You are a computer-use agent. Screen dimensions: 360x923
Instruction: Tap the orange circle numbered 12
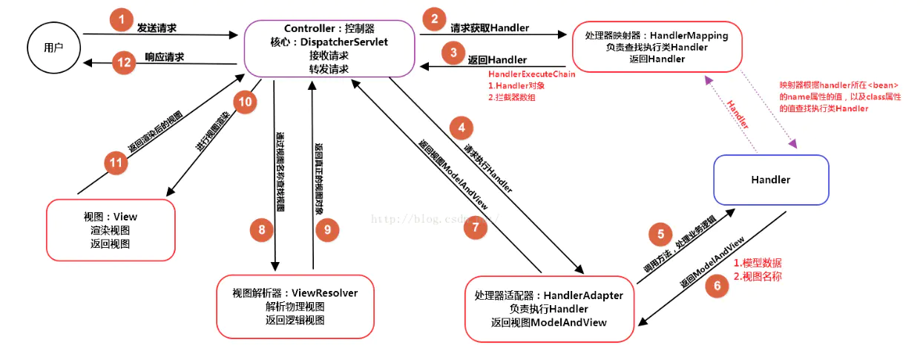(123, 63)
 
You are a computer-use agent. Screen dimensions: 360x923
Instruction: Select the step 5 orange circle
(660, 235)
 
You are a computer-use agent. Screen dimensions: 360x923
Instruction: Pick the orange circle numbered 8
(261, 231)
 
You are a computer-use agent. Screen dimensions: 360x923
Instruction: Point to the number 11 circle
(115, 163)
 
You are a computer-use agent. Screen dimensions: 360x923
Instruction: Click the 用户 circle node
(53, 47)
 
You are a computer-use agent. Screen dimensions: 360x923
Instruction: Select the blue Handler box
(771, 180)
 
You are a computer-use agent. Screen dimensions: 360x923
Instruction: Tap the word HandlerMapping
(691, 35)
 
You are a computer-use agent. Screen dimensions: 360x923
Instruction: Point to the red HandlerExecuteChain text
(531, 74)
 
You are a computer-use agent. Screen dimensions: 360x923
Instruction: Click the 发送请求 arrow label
(157, 27)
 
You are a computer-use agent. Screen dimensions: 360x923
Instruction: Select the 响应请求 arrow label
(164, 57)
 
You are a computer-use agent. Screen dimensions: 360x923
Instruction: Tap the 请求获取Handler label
(490, 28)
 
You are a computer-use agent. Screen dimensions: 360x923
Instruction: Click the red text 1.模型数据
(757, 264)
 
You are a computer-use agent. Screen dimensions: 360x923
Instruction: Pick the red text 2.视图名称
(757, 276)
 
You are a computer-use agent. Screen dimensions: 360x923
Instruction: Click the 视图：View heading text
(111, 217)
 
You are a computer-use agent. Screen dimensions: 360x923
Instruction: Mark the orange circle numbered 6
(717, 286)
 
